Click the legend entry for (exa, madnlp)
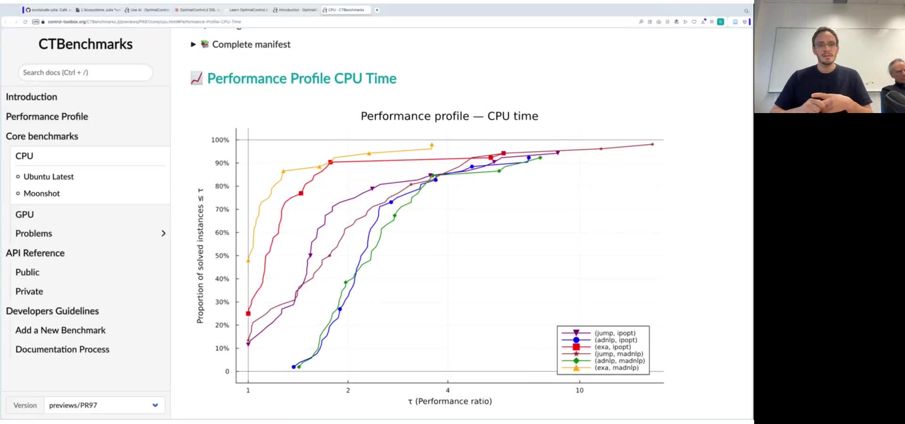(x=616, y=368)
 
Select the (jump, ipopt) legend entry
(x=615, y=333)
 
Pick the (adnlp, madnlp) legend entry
(x=619, y=361)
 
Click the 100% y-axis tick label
(x=220, y=140)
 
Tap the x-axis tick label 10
(x=579, y=391)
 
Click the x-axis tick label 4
(x=448, y=391)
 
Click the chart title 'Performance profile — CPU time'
(x=449, y=116)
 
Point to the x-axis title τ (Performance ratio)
(x=450, y=401)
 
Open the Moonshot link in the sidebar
(x=41, y=194)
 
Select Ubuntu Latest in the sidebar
(x=49, y=177)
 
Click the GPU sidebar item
(x=25, y=215)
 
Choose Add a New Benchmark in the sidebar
(x=60, y=330)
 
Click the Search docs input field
(x=85, y=73)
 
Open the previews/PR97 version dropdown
(x=104, y=405)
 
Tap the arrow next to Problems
(x=163, y=234)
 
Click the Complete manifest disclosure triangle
(x=193, y=44)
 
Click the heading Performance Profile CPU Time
(x=302, y=79)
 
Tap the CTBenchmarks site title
(x=85, y=44)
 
